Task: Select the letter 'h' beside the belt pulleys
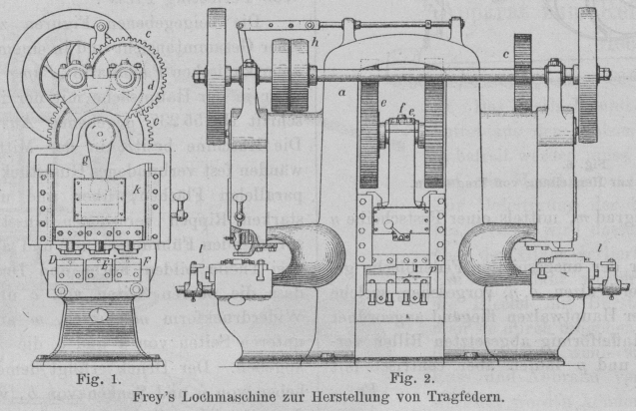pos(315,43)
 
